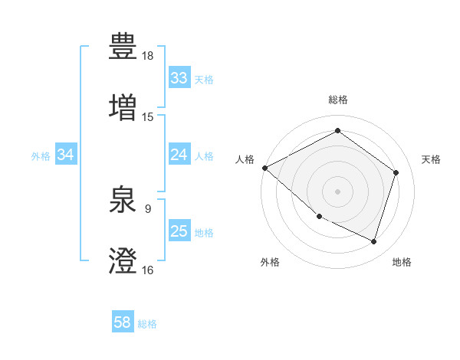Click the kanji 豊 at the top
click(123, 48)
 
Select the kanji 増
click(123, 108)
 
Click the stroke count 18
click(148, 56)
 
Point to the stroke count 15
click(148, 117)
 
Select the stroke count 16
click(148, 270)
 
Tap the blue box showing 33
click(179, 78)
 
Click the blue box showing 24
click(179, 155)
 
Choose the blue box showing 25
click(179, 231)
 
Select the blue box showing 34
click(66, 155)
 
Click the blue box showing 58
click(123, 323)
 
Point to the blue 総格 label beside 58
click(147, 324)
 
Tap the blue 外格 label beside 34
click(41, 155)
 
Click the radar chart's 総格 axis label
click(338, 100)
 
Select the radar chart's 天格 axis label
click(431, 159)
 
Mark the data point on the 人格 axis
click(264, 168)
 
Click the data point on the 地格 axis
click(373, 242)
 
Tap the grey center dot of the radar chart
click(338, 191)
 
